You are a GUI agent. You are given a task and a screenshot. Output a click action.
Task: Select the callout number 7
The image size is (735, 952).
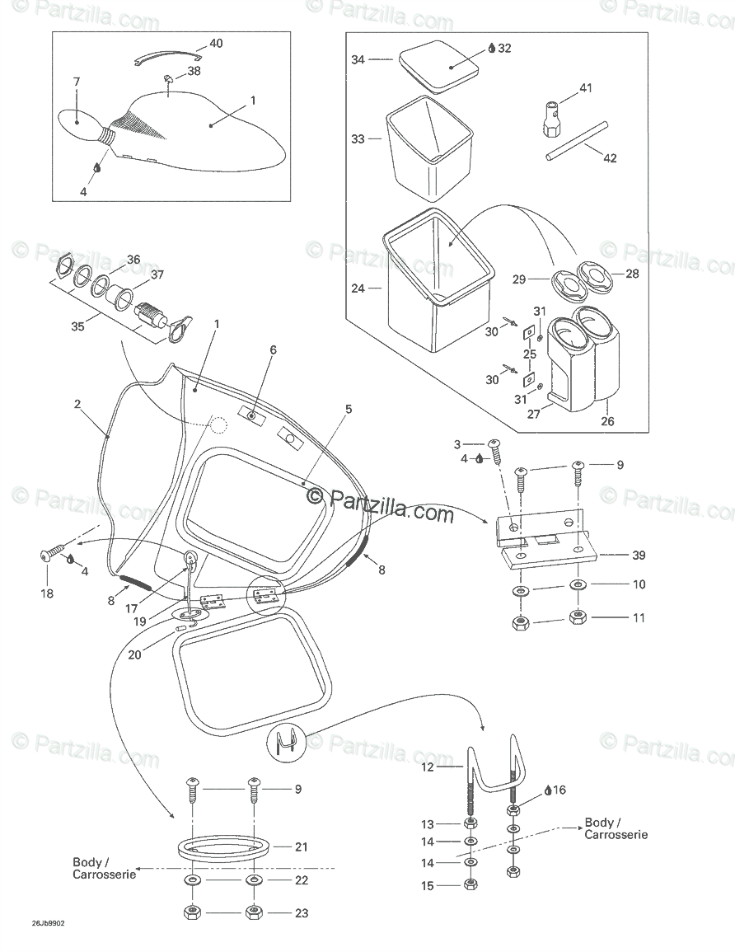click(x=77, y=82)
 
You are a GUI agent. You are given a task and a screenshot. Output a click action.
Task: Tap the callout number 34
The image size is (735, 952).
click(x=358, y=59)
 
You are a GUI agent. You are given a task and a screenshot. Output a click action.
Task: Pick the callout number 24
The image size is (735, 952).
click(x=358, y=288)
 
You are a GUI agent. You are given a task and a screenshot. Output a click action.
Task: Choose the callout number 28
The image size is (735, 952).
click(x=633, y=274)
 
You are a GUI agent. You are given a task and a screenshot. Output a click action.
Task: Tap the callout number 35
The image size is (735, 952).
click(x=77, y=326)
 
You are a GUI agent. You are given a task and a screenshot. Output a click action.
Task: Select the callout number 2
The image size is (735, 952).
click(x=77, y=404)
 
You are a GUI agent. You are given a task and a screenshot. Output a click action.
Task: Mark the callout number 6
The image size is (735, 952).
click(x=274, y=349)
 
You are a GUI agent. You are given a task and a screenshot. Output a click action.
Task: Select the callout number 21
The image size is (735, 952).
click(x=302, y=846)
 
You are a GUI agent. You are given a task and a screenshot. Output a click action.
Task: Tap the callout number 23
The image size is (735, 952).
click(x=302, y=912)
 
